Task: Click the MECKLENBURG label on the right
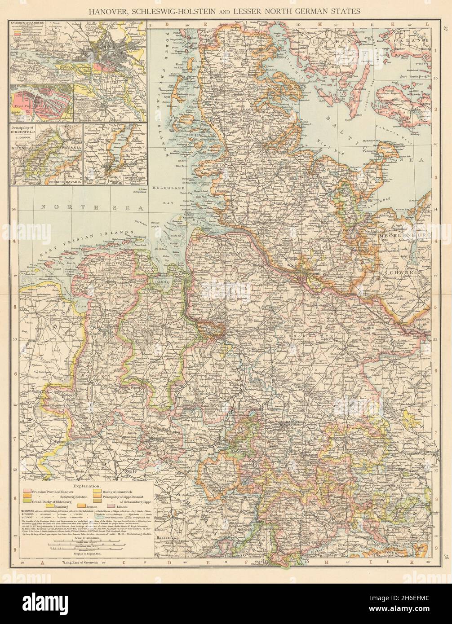[405, 236]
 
